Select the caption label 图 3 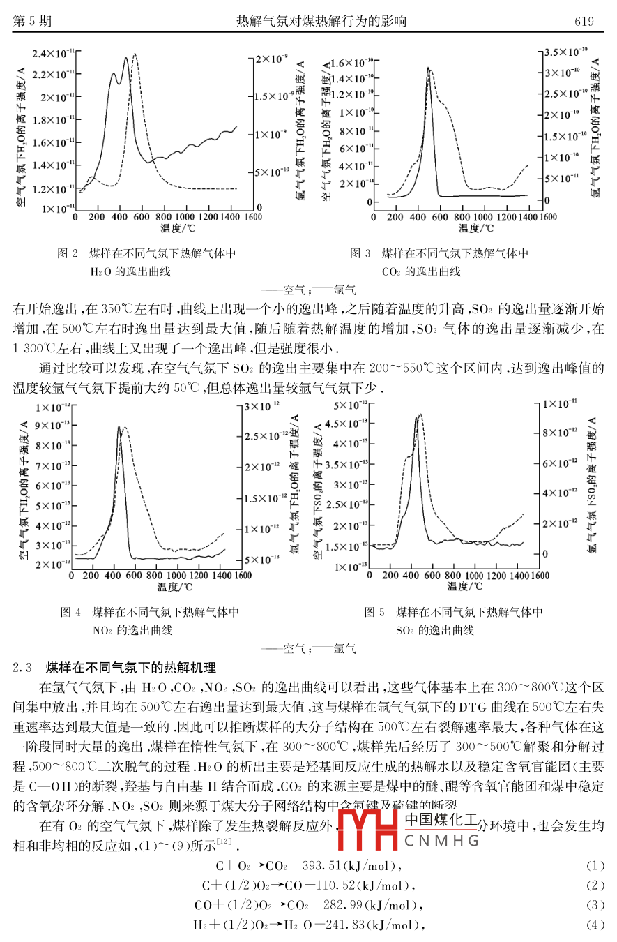point(360,253)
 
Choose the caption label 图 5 point(374,612)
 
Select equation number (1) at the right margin point(595,866)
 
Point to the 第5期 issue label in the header point(32,22)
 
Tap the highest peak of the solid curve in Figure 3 point(428,68)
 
